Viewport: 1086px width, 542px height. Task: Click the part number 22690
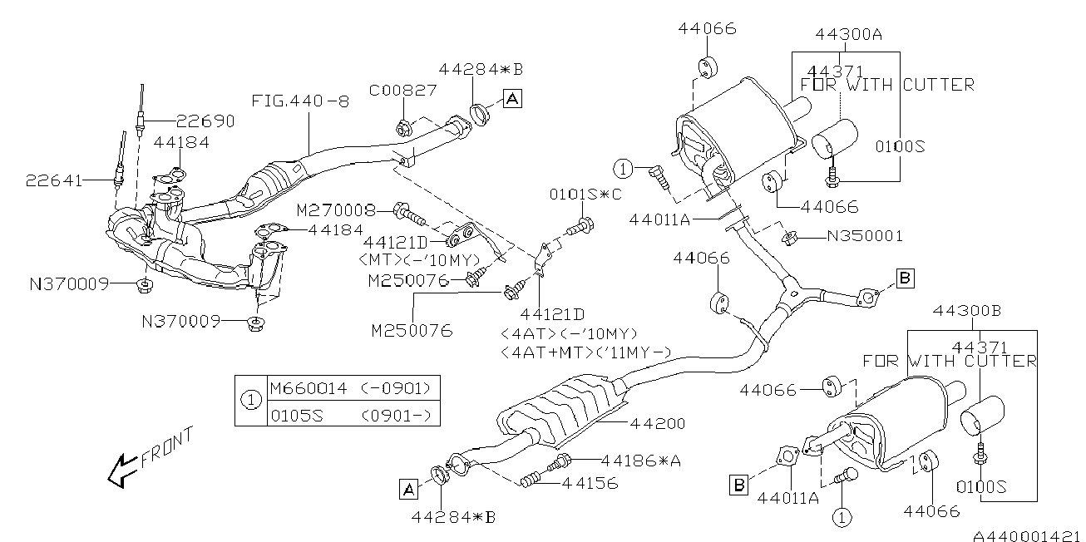coord(205,121)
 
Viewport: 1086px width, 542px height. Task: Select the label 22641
coord(54,181)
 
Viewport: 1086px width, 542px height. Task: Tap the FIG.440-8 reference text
coord(300,101)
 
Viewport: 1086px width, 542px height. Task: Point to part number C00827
coord(403,90)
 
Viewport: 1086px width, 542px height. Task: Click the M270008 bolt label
coord(336,210)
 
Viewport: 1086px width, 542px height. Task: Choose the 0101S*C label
coord(585,195)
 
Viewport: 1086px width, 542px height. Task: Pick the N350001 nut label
coord(865,236)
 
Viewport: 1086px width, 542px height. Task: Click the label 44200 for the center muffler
coord(658,424)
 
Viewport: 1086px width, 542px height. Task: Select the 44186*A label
coord(641,461)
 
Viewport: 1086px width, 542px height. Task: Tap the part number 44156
coord(590,483)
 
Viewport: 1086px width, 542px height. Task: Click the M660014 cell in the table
coord(309,388)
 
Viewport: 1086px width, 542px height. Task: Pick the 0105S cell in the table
coord(297,416)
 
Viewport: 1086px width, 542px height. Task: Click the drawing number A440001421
coord(1029,535)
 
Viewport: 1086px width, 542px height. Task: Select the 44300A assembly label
coord(848,34)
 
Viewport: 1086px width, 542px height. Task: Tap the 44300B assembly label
coord(967,310)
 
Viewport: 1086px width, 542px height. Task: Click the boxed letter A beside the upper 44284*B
coord(512,99)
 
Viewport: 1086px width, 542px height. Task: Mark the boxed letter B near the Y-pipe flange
coord(905,278)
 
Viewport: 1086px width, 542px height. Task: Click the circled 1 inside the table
coord(251,401)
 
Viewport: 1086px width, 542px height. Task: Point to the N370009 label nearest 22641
coord(69,284)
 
